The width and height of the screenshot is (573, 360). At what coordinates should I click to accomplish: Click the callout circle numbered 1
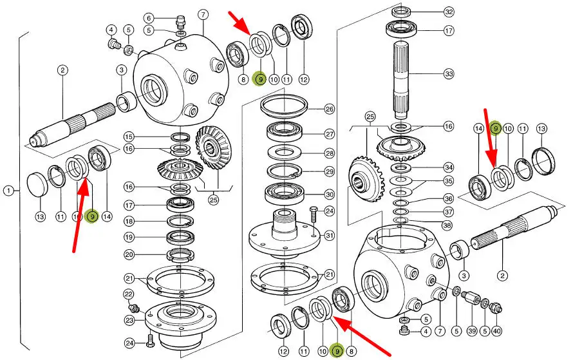8,191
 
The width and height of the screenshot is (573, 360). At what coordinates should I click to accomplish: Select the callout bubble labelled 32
449,12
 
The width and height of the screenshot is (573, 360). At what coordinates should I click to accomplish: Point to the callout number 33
449,74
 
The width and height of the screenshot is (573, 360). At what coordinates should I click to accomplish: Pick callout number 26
330,109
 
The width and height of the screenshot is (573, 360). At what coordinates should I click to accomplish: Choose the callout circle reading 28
330,153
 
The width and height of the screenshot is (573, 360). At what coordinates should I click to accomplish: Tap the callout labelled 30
330,194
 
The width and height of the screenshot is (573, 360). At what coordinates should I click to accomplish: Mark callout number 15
129,137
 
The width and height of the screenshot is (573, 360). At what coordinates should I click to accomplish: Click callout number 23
129,319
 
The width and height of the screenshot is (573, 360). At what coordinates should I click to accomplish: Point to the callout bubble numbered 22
129,294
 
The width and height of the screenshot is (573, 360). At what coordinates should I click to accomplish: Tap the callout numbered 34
449,167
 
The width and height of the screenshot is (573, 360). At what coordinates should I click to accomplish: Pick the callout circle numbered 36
449,198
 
